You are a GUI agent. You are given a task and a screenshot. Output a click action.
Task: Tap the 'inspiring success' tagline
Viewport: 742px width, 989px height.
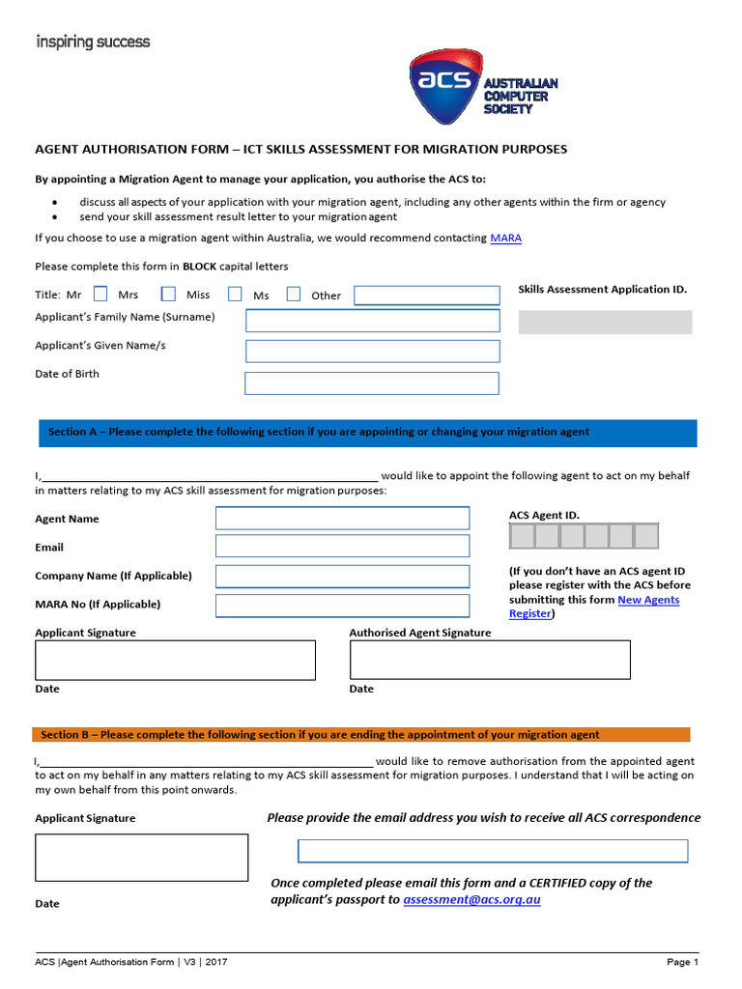coord(93,42)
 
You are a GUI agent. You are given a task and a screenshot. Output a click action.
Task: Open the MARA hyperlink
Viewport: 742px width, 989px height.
coord(505,238)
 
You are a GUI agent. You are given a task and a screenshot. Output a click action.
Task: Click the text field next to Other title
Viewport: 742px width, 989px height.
coord(426,295)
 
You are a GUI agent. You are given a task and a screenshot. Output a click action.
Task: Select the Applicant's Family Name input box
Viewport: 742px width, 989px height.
coord(373,321)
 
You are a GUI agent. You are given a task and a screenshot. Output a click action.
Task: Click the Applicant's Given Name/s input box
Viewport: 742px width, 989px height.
coord(373,351)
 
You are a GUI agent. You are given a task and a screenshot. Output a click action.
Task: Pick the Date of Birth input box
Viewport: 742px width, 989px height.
coord(372,382)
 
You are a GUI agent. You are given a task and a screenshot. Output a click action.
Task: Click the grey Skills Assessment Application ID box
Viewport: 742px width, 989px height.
coord(605,322)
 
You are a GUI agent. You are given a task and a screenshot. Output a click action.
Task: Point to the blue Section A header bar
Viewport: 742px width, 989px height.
coord(366,433)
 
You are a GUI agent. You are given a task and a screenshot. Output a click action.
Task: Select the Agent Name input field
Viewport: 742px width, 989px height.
coord(342,519)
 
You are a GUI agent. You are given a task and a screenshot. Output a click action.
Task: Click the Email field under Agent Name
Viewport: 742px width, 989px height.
coord(342,547)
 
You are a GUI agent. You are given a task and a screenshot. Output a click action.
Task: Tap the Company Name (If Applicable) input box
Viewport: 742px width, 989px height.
coord(342,577)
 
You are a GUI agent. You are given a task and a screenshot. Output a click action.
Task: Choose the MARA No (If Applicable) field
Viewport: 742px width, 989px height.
coord(342,606)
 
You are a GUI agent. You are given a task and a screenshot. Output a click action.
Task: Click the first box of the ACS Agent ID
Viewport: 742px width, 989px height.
coord(522,536)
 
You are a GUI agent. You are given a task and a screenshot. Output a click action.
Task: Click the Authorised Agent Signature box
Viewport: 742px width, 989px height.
coord(490,660)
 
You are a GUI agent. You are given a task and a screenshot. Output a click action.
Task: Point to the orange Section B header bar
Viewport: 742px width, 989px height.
coord(361,734)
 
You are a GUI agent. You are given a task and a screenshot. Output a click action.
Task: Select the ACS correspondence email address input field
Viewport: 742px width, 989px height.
coord(493,851)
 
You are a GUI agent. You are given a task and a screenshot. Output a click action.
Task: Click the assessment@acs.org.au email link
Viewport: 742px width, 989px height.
coord(471,899)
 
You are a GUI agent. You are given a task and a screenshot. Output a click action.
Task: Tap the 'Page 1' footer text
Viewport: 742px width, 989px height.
coord(682,962)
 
